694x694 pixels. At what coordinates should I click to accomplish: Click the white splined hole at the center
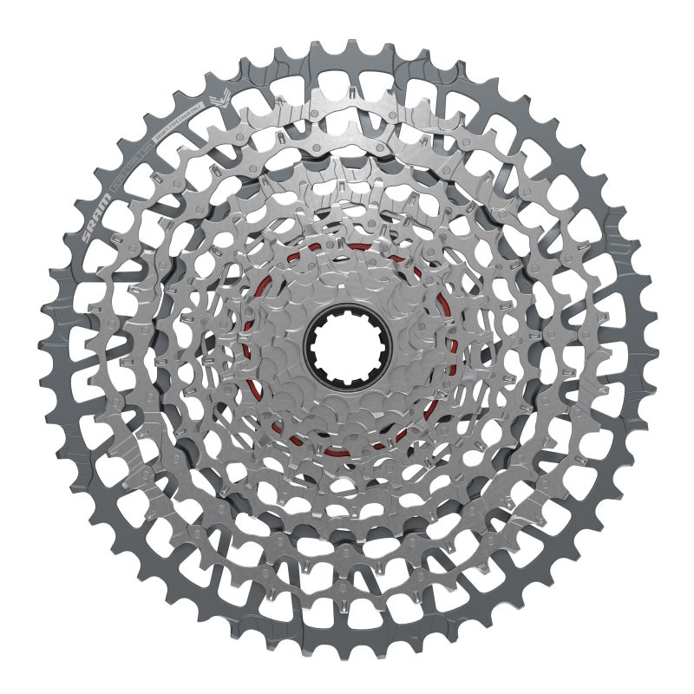click(x=347, y=347)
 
